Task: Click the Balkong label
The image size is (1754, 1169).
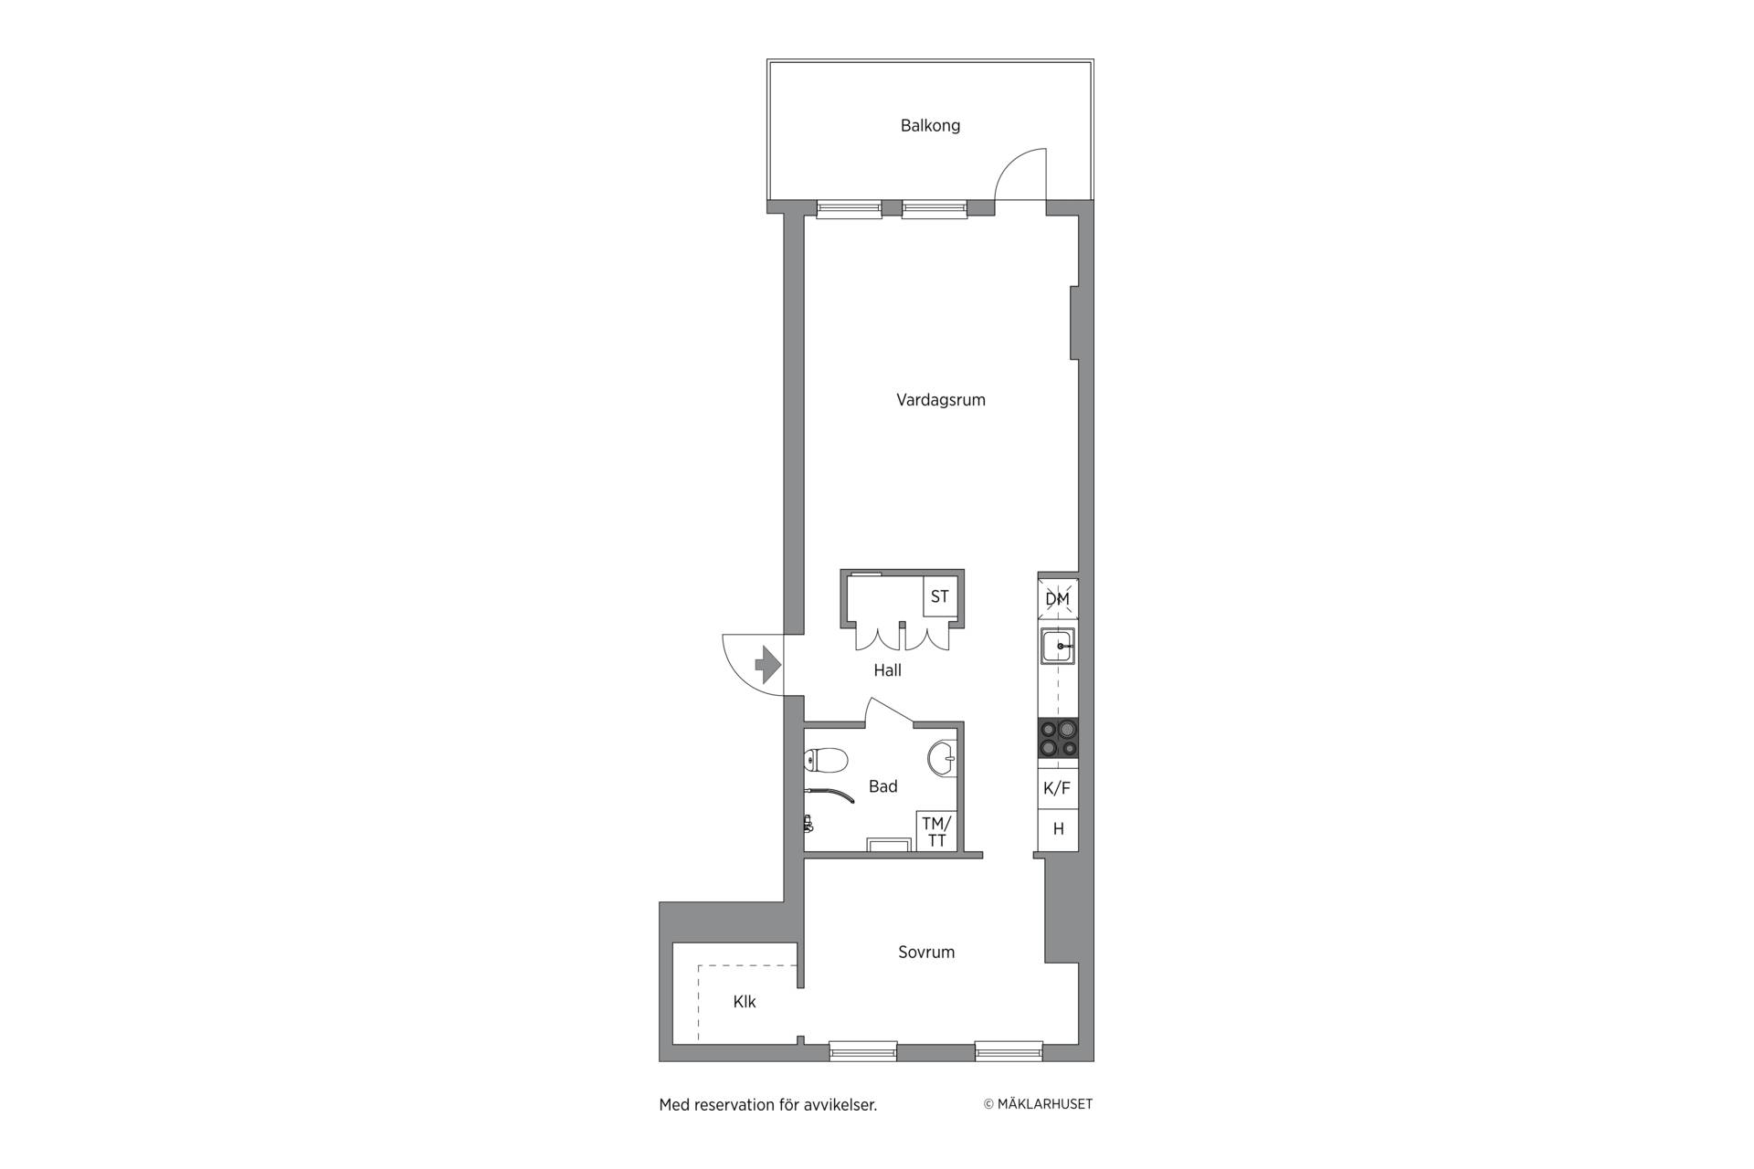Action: click(x=930, y=126)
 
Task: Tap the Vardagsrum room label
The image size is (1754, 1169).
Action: click(x=941, y=400)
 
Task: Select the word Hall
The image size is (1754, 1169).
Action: click(x=887, y=670)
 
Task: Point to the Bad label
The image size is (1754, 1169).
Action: click(x=882, y=786)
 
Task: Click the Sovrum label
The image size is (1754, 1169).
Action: click(x=926, y=953)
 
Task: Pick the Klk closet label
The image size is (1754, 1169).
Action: click(x=745, y=1002)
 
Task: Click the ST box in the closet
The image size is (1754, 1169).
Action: click(x=940, y=597)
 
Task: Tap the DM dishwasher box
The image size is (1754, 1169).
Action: click(x=1058, y=599)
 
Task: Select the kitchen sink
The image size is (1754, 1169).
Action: click(x=1058, y=647)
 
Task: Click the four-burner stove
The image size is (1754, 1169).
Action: click(x=1058, y=738)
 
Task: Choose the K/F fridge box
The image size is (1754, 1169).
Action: click(x=1058, y=788)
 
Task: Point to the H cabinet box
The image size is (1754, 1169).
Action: click(x=1058, y=829)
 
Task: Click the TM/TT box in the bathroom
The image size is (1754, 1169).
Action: click(x=936, y=832)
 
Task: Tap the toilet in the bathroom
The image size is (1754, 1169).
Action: click(x=827, y=760)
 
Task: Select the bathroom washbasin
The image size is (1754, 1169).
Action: click(x=942, y=757)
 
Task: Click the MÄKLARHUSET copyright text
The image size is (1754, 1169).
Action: click(x=1038, y=1104)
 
